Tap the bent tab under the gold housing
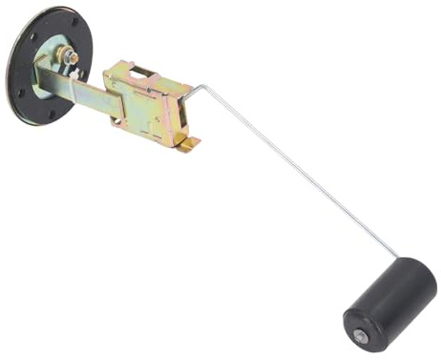190,142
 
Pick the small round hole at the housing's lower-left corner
117,121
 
